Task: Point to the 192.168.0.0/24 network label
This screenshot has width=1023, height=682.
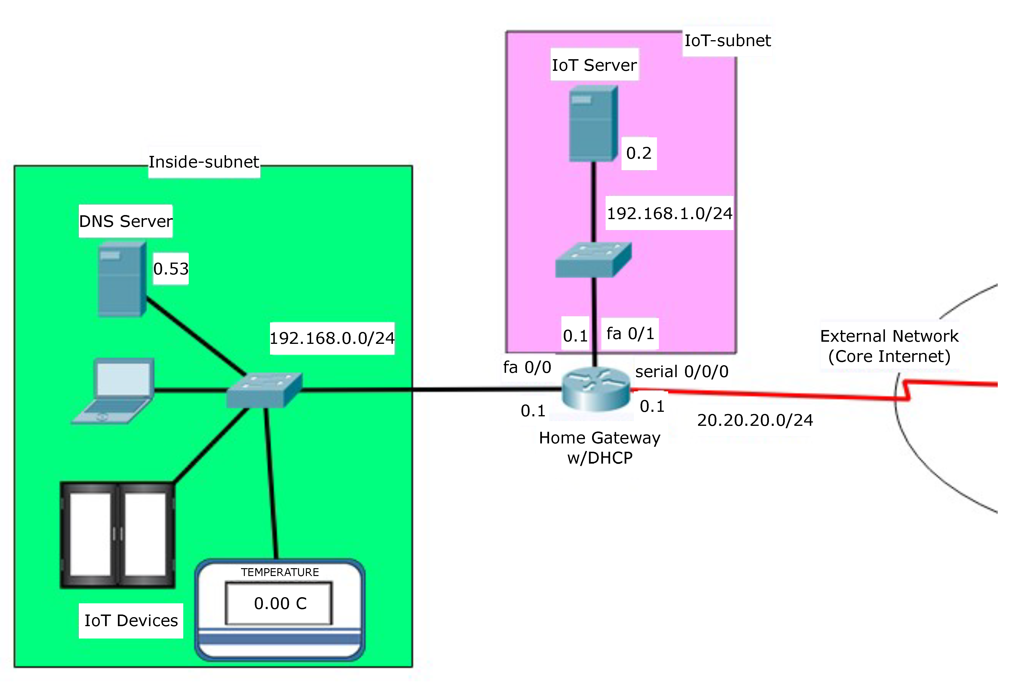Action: [332, 338]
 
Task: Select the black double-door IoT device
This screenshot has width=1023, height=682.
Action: [117, 535]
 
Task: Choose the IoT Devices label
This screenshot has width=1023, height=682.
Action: [131, 621]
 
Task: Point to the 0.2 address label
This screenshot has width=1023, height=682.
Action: [638, 153]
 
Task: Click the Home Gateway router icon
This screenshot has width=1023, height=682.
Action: [595, 389]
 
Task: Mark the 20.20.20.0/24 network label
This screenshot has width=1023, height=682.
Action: [755, 420]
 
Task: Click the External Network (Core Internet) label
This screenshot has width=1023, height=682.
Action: [889, 346]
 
